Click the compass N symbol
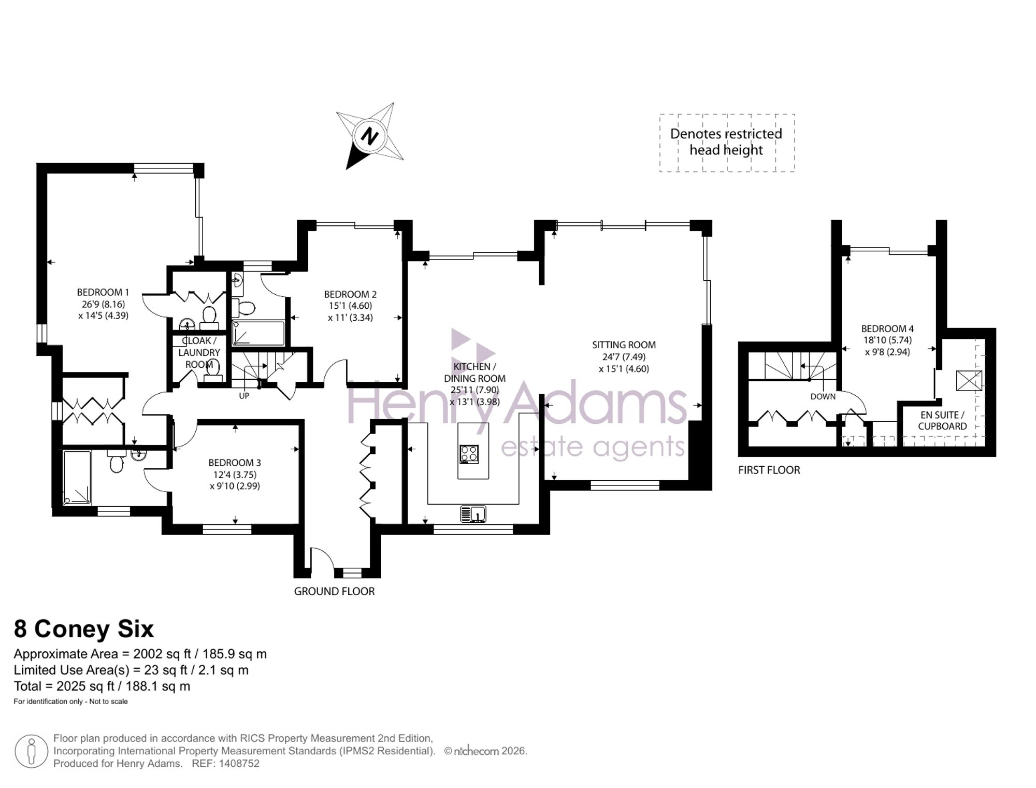[369, 137]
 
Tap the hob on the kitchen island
[469, 454]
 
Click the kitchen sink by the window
[473, 514]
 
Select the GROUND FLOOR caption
[334, 591]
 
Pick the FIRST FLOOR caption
[769, 470]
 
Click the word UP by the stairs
[244, 396]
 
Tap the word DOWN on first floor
[823, 396]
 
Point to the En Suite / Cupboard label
[942, 421]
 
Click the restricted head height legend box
[727, 142]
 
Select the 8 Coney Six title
[84, 629]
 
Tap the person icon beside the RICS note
[32, 751]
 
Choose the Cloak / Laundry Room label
[199, 352]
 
